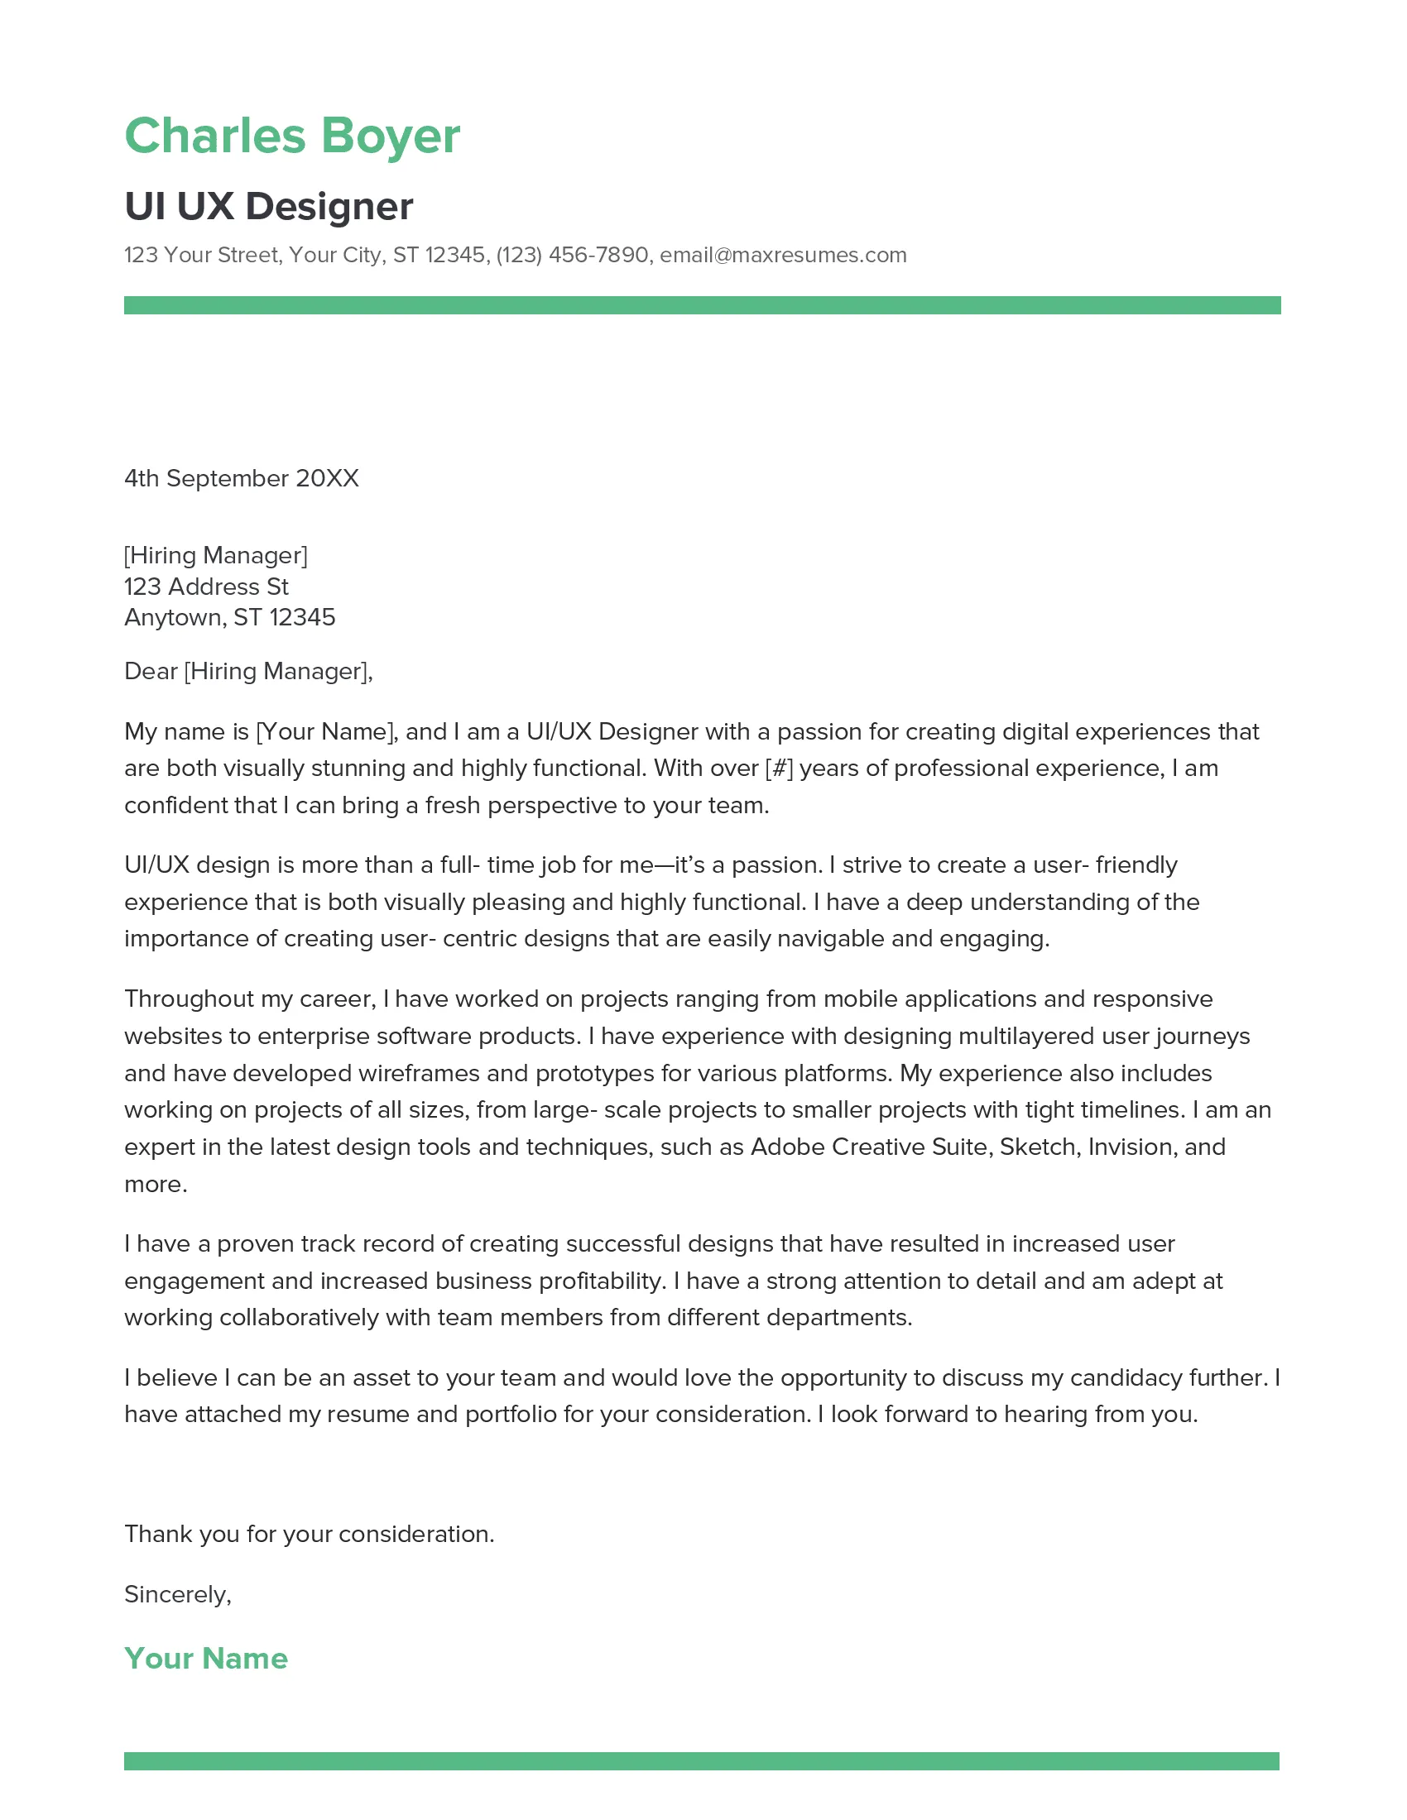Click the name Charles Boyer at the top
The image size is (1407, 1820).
291,136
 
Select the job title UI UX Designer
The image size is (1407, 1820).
268,207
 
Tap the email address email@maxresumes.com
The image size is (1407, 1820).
783,255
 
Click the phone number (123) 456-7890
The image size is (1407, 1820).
572,255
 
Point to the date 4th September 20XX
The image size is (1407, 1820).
241,478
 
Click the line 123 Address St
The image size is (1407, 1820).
206,587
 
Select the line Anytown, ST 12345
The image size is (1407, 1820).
229,617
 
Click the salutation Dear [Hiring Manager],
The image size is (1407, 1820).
248,671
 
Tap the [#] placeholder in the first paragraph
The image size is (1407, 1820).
779,769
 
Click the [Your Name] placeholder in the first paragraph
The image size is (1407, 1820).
324,731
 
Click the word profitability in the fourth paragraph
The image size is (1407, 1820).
603,1281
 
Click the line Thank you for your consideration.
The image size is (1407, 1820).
310,1534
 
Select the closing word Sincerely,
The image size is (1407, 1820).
178,1594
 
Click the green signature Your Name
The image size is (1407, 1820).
206,1659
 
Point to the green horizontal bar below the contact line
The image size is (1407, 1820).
702,305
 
